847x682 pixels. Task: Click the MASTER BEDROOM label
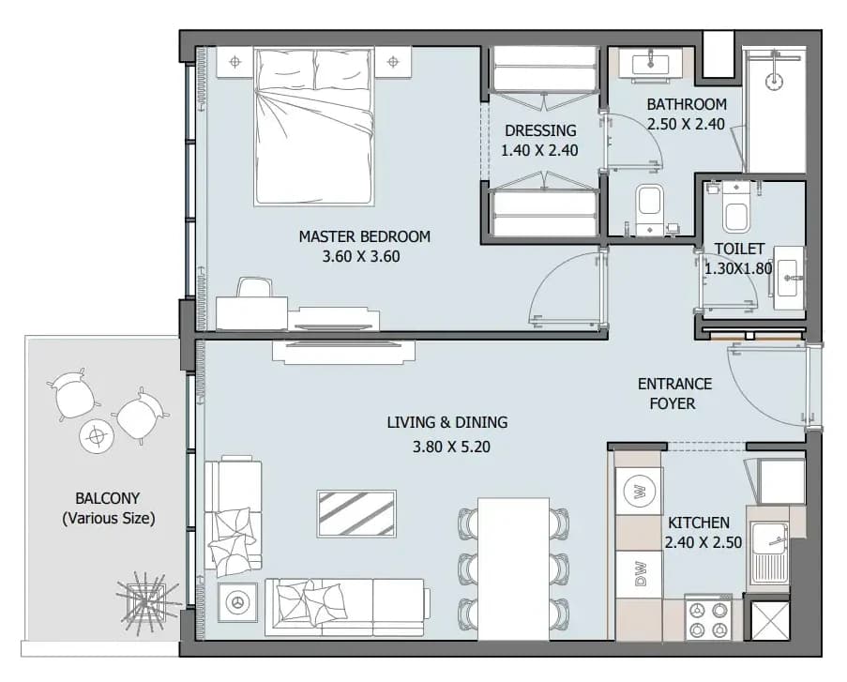[365, 236]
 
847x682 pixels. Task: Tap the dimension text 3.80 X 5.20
[451, 447]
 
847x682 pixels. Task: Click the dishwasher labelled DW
[639, 573]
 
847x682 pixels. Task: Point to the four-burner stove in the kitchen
[708, 619]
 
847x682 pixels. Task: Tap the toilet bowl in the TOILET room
[735, 208]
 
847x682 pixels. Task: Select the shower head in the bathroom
[775, 80]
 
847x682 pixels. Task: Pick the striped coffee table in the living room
[356, 513]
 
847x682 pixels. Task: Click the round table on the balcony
[97, 435]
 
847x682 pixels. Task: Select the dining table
[513, 568]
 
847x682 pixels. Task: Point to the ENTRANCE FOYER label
[674, 393]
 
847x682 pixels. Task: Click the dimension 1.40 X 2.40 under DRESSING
[539, 150]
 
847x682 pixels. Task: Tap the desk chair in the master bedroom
[254, 288]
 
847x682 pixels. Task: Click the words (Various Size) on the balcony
[109, 519]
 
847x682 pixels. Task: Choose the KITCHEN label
[699, 523]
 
